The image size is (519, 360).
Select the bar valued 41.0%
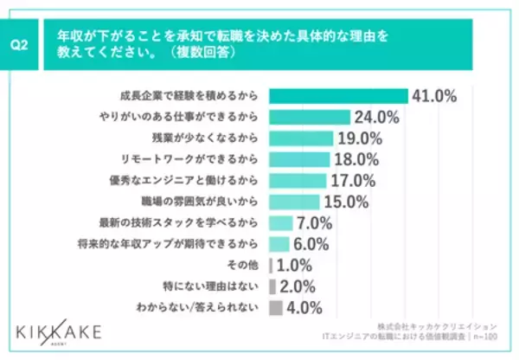coord(338,96)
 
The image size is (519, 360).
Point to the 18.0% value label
coord(356,159)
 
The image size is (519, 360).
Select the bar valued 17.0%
coord(298,180)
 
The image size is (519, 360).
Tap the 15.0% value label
coord(348,202)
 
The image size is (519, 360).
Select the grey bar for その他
coord(272,265)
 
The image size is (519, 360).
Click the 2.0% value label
coord(300,286)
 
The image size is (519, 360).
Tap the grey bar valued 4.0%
coord(276,307)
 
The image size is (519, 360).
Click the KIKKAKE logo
coord(58,331)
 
